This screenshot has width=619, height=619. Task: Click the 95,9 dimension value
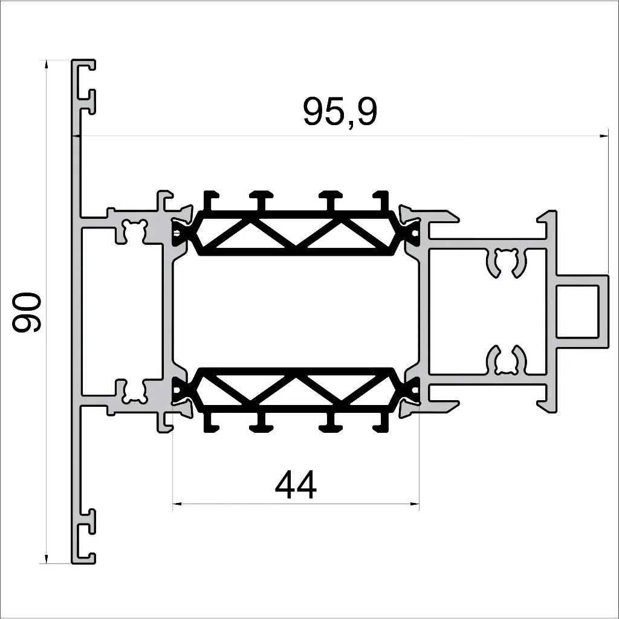340,112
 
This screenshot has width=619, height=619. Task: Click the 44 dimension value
296,485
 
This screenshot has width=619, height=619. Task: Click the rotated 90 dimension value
27,312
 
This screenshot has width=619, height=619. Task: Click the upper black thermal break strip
295,232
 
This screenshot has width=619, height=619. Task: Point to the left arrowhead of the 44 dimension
177,503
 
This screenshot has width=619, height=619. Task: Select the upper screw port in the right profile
507,263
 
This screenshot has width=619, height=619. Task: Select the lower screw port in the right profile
507,361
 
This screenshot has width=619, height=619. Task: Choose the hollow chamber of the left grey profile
121,311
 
